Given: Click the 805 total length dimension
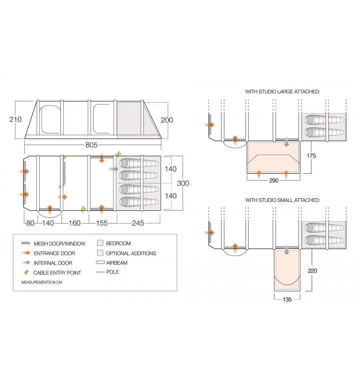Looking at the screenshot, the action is tap(92, 145).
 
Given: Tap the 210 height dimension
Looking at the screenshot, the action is tap(16, 119).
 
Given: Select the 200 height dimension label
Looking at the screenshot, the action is tap(167, 120).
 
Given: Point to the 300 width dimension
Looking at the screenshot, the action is tap(183, 183).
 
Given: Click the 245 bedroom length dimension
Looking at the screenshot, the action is tap(138, 223).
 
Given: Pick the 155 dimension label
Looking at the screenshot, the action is tap(102, 223).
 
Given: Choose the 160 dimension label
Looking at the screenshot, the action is tap(74, 223).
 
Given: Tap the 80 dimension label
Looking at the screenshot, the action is tap(30, 223).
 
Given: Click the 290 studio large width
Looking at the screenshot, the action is tap(274, 181).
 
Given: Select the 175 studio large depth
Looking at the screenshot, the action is tap(311, 156).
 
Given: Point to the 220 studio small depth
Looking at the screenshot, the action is tap(312, 271).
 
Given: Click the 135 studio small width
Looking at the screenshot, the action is tap(287, 300).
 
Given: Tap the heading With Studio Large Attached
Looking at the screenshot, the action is tap(282, 92).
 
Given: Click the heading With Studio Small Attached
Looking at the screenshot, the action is tap(282, 200).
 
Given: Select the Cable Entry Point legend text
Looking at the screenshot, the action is tap(57, 273).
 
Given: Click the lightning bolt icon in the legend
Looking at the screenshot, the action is tap(26, 272).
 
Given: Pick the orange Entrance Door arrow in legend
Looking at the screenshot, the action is tap(26, 253).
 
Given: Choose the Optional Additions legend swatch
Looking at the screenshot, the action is tap(100, 253).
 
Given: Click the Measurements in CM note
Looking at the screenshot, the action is tap(42, 282).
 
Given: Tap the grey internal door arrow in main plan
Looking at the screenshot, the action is tap(114, 169).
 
